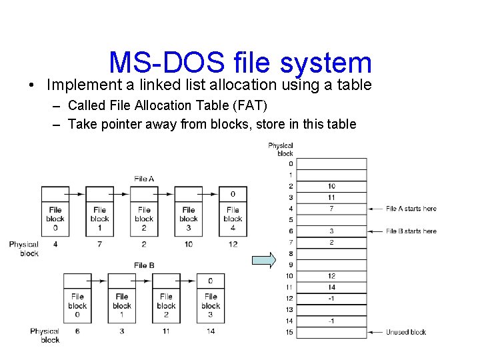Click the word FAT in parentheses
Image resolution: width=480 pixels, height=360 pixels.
click(247, 105)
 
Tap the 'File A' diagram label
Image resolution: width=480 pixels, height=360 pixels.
click(144, 179)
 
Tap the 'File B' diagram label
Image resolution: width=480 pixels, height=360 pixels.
click(144, 265)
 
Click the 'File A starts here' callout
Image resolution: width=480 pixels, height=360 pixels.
click(411, 209)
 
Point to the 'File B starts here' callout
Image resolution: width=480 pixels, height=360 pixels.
click(411, 231)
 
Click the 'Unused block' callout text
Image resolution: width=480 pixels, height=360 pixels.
click(405, 332)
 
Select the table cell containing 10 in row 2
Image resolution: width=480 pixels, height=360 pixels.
click(331, 186)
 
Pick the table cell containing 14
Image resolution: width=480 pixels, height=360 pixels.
click(331, 287)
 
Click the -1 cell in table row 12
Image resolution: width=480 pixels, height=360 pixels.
click(331, 299)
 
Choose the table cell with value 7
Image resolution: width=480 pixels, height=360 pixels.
click(331, 209)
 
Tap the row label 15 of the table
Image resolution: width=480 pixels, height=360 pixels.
click(289, 332)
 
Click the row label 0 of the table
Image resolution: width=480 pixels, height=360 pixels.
click(289, 163)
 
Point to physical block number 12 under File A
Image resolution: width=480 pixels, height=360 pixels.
click(233, 245)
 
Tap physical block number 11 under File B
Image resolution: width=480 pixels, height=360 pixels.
click(166, 331)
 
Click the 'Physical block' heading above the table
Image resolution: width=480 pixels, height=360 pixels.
click(281, 149)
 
